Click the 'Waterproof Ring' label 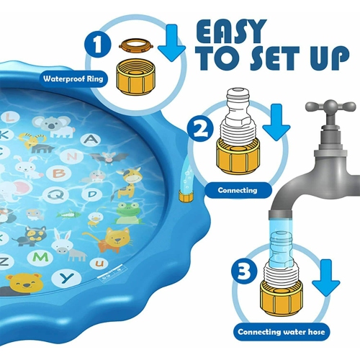click(x=74, y=79)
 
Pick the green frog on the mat click(x=127, y=212)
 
